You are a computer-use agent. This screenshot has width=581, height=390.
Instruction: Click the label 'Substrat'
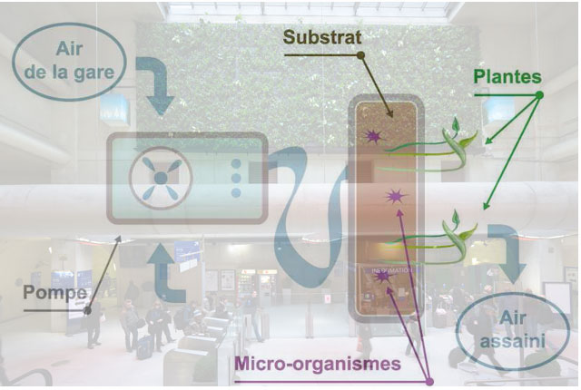coord(322,37)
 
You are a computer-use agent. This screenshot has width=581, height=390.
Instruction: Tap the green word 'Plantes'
coord(507,77)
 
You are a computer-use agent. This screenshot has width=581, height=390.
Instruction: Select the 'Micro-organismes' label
coord(318,364)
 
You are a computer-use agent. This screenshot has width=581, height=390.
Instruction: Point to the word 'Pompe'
coord(54,293)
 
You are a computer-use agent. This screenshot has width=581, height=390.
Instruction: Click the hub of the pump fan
coord(161,178)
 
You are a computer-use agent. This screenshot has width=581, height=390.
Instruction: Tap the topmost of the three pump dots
coord(236,164)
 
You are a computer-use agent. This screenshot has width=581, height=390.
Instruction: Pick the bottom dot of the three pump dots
coord(236,192)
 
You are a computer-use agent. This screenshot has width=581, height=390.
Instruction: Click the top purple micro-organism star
coord(373,137)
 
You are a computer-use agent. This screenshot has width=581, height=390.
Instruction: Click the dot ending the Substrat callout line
coord(360,55)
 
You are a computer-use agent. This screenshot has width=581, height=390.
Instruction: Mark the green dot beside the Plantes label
coord(539,95)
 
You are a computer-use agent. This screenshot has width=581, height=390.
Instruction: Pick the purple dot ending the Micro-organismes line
coord(429,381)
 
